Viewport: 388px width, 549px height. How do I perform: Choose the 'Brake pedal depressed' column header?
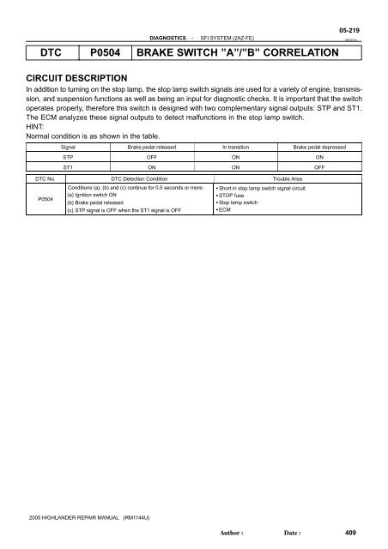pyautogui.click(x=320, y=148)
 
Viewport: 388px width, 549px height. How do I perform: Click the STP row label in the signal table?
pyautogui.click(x=67, y=158)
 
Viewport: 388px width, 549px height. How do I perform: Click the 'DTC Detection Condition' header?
pyautogui.click(x=138, y=178)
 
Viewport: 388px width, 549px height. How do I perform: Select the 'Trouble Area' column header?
pyautogui.click(x=283, y=178)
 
